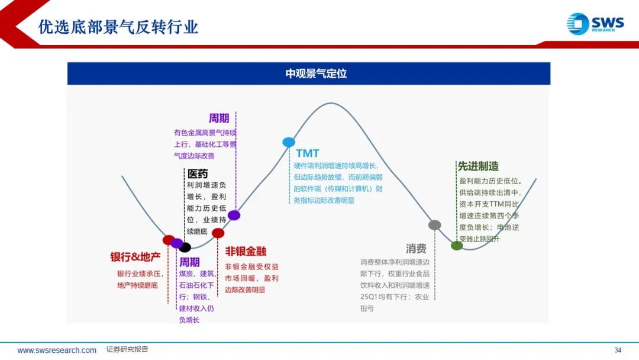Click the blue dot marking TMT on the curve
pos(289,142)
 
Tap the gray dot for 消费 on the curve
pos(435,225)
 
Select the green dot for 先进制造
pos(457,246)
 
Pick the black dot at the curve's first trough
pos(185,247)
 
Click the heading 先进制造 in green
pos(478,166)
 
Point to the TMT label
pos(308,154)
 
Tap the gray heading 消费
pos(416,248)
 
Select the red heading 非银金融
pos(246,252)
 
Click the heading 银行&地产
pos(135,257)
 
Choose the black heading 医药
pos(198,174)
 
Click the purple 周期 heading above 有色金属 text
pos(219,118)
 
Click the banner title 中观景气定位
pos(316,73)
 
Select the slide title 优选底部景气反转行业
pos(118,27)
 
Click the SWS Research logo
pos(595,24)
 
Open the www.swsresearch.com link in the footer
pos(57,350)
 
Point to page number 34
pos(618,350)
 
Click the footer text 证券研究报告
pos(127,349)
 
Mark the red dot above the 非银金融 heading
pos(218,233)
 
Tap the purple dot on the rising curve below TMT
pos(234,216)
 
